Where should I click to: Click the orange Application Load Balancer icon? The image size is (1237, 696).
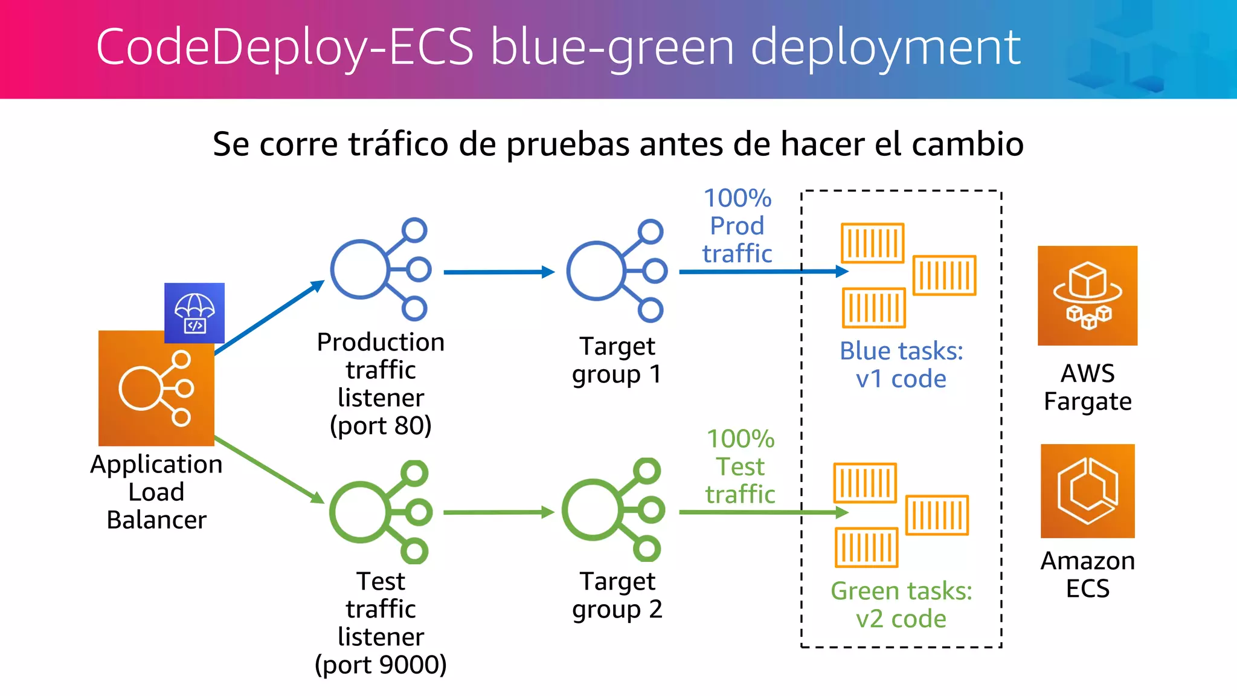(156, 388)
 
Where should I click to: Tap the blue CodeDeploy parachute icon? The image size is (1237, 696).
(194, 313)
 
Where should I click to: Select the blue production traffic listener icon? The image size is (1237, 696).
(380, 269)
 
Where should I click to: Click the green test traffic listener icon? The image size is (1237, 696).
(380, 512)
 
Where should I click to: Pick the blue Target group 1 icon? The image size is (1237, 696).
(616, 271)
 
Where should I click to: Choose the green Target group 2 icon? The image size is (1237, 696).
(614, 510)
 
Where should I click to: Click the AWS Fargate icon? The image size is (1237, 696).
(1087, 295)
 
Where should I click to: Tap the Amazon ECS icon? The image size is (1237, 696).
(1087, 491)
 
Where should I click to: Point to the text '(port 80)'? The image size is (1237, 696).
(381, 426)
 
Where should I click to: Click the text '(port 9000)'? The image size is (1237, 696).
(381, 665)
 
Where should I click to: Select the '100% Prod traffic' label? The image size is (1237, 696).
(737, 226)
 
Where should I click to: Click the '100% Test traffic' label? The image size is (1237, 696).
(740, 466)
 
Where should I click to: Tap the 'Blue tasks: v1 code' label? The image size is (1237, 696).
(901, 365)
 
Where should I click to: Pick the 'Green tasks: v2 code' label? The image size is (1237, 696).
(901, 605)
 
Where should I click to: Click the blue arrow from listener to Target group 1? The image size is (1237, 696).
(498, 272)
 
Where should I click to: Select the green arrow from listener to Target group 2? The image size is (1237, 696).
(498, 512)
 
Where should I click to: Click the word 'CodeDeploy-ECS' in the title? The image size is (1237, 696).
(284, 47)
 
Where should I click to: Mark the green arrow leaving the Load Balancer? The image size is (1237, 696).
(269, 469)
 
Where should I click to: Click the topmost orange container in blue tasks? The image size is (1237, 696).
(872, 243)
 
